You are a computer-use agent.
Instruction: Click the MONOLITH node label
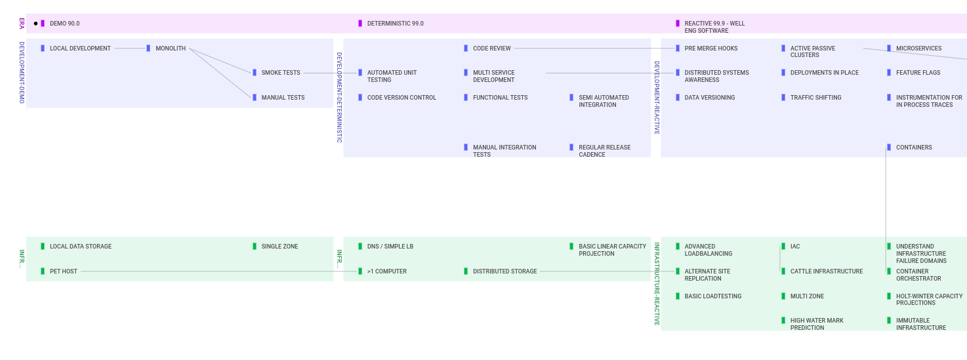point(171,49)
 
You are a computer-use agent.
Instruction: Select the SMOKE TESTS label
point(281,73)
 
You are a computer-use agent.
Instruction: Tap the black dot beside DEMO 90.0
point(36,24)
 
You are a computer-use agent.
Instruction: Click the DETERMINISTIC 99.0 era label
point(395,24)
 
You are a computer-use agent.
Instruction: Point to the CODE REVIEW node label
point(492,49)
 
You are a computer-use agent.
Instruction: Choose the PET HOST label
point(64,271)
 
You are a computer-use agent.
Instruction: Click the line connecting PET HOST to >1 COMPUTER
point(219,271)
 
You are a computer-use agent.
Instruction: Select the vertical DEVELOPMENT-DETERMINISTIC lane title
point(339,98)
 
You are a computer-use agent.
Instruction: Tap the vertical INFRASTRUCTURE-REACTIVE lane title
point(657,284)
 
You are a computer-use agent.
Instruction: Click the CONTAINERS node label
point(913,148)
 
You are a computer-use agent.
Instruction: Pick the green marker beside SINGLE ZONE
point(255,247)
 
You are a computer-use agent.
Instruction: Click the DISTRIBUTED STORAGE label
point(504,271)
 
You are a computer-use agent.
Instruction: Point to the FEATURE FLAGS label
point(918,73)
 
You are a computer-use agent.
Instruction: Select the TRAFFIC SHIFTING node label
point(815,98)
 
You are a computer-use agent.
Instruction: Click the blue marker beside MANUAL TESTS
point(255,98)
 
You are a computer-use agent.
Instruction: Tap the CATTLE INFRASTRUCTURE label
point(826,271)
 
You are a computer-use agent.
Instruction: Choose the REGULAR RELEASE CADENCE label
point(604,151)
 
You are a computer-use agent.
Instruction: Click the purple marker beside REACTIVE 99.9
point(677,24)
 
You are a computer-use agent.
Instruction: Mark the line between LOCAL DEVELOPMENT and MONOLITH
point(129,49)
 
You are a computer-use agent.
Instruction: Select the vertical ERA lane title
point(22,24)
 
